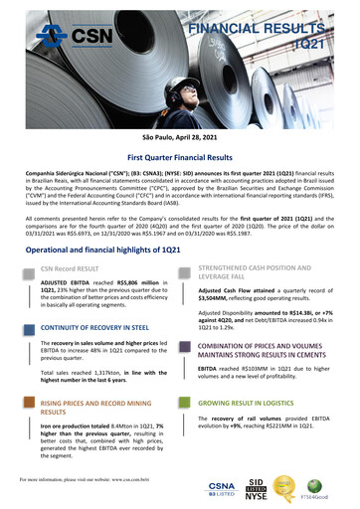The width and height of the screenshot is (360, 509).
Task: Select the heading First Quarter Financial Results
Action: (x=180, y=158)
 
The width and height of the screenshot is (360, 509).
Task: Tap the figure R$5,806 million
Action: (x=134, y=284)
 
